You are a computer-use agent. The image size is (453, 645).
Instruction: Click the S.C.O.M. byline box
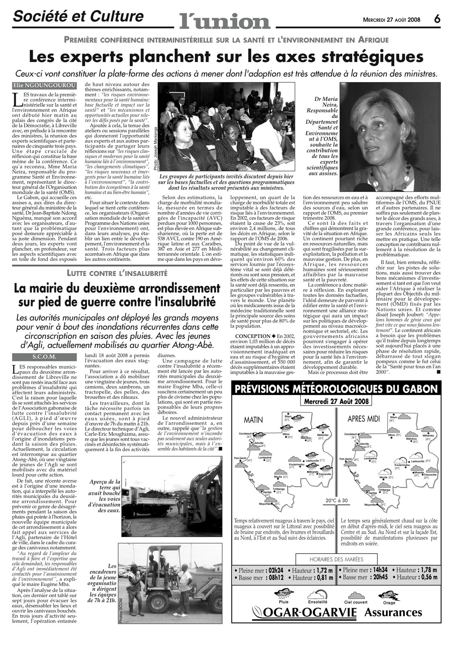point(44,356)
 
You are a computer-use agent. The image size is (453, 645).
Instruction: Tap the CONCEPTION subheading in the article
point(252,336)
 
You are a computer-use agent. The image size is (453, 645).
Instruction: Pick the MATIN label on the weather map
point(253,420)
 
